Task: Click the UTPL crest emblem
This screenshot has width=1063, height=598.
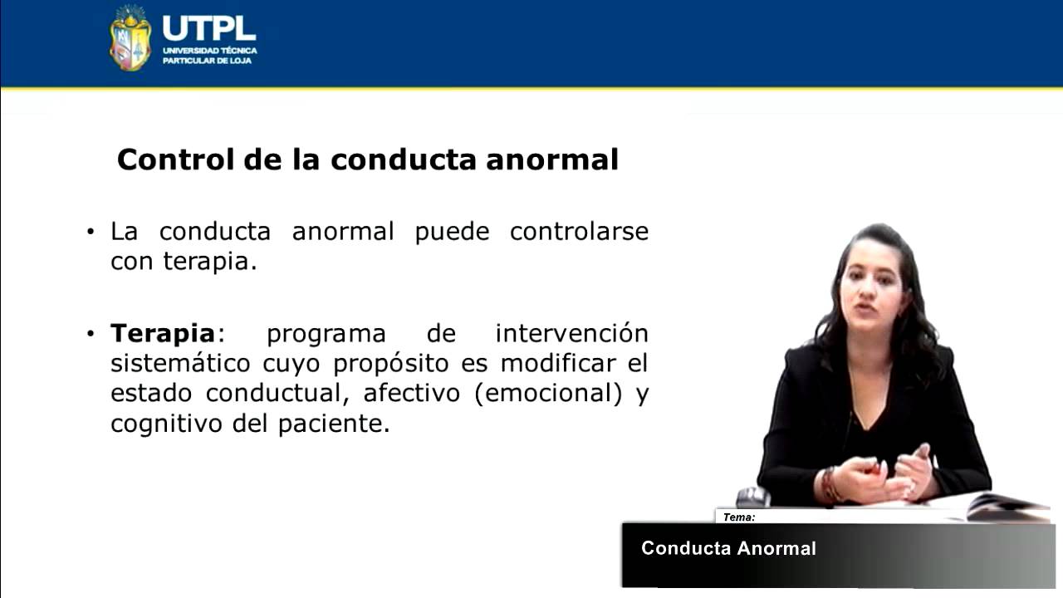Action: (x=130, y=38)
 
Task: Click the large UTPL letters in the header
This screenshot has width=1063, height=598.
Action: (x=208, y=27)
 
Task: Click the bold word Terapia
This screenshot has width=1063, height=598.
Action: (x=163, y=334)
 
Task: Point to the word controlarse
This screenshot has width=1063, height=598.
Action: (x=579, y=231)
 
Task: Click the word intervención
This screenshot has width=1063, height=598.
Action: (x=571, y=334)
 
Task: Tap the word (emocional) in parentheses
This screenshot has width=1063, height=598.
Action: (x=548, y=394)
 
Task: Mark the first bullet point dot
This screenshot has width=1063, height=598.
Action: (x=91, y=232)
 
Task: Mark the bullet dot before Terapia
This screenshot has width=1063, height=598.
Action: (x=91, y=335)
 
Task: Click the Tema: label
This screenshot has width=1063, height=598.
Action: (x=738, y=517)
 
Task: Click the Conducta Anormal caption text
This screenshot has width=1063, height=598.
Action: (x=728, y=548)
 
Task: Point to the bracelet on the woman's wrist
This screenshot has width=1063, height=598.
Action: (x=828, y=484)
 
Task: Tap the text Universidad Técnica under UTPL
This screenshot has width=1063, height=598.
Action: (x=209, y=51)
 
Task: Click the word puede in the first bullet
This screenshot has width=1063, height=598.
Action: (x=452, y=231)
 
